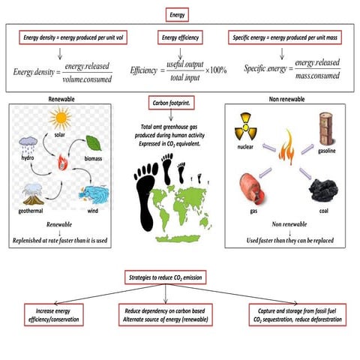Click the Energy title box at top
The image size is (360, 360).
[180, 13]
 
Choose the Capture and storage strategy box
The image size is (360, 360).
[298, 313]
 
